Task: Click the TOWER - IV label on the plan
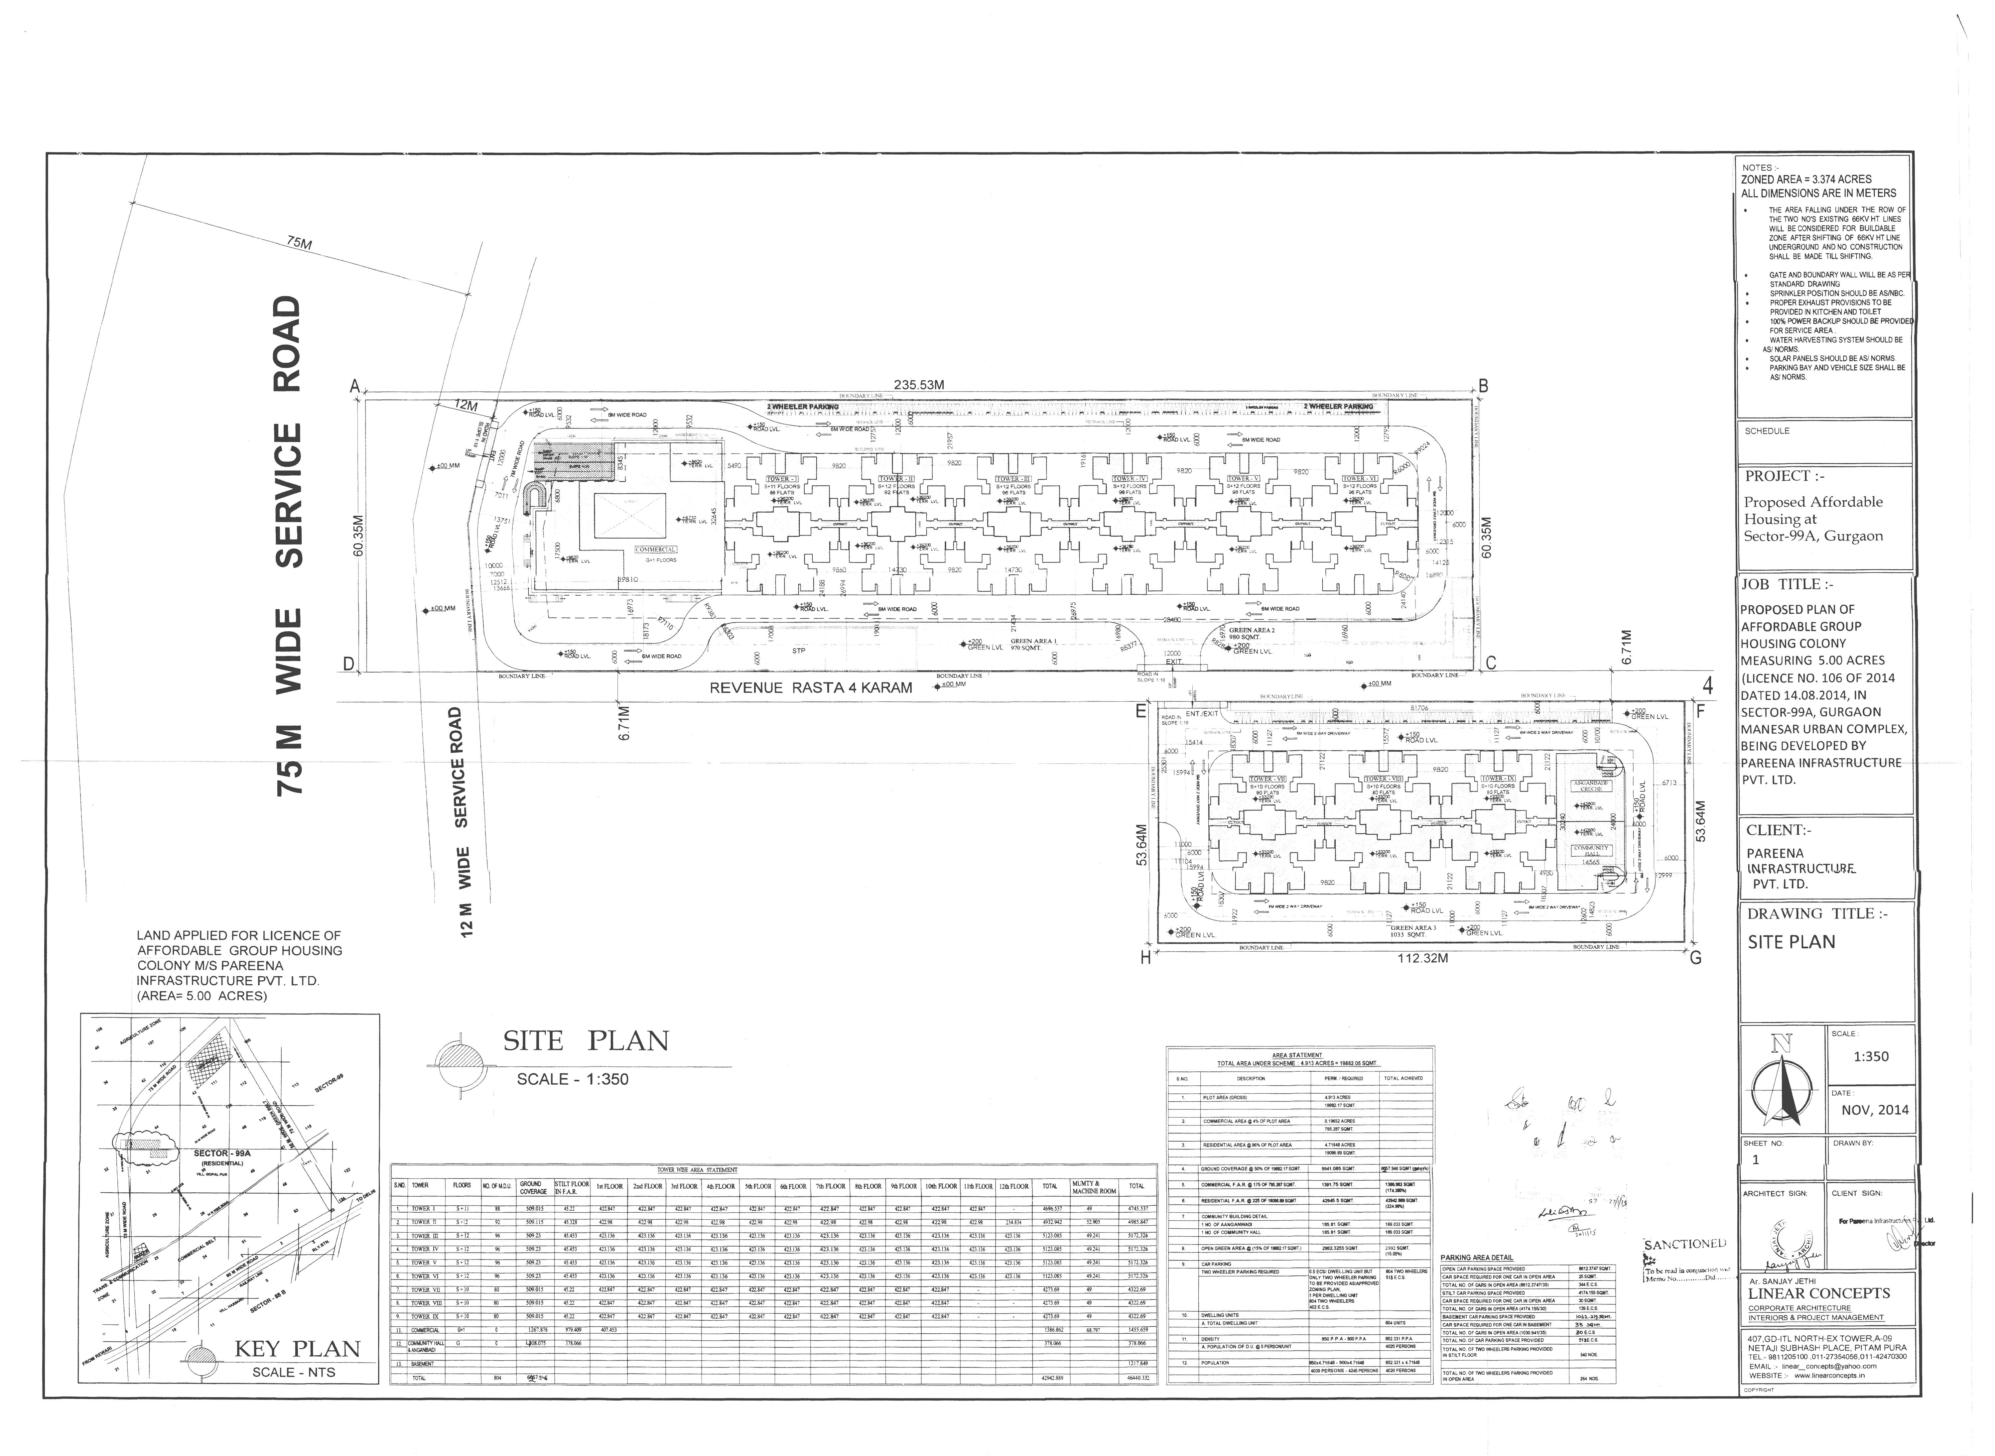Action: pos(1129,479)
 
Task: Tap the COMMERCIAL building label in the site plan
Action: pos(655,550)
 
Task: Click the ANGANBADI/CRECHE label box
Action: pos(1590,785)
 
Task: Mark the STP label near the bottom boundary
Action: pos(799,651)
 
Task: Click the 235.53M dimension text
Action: pos(919,384)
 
